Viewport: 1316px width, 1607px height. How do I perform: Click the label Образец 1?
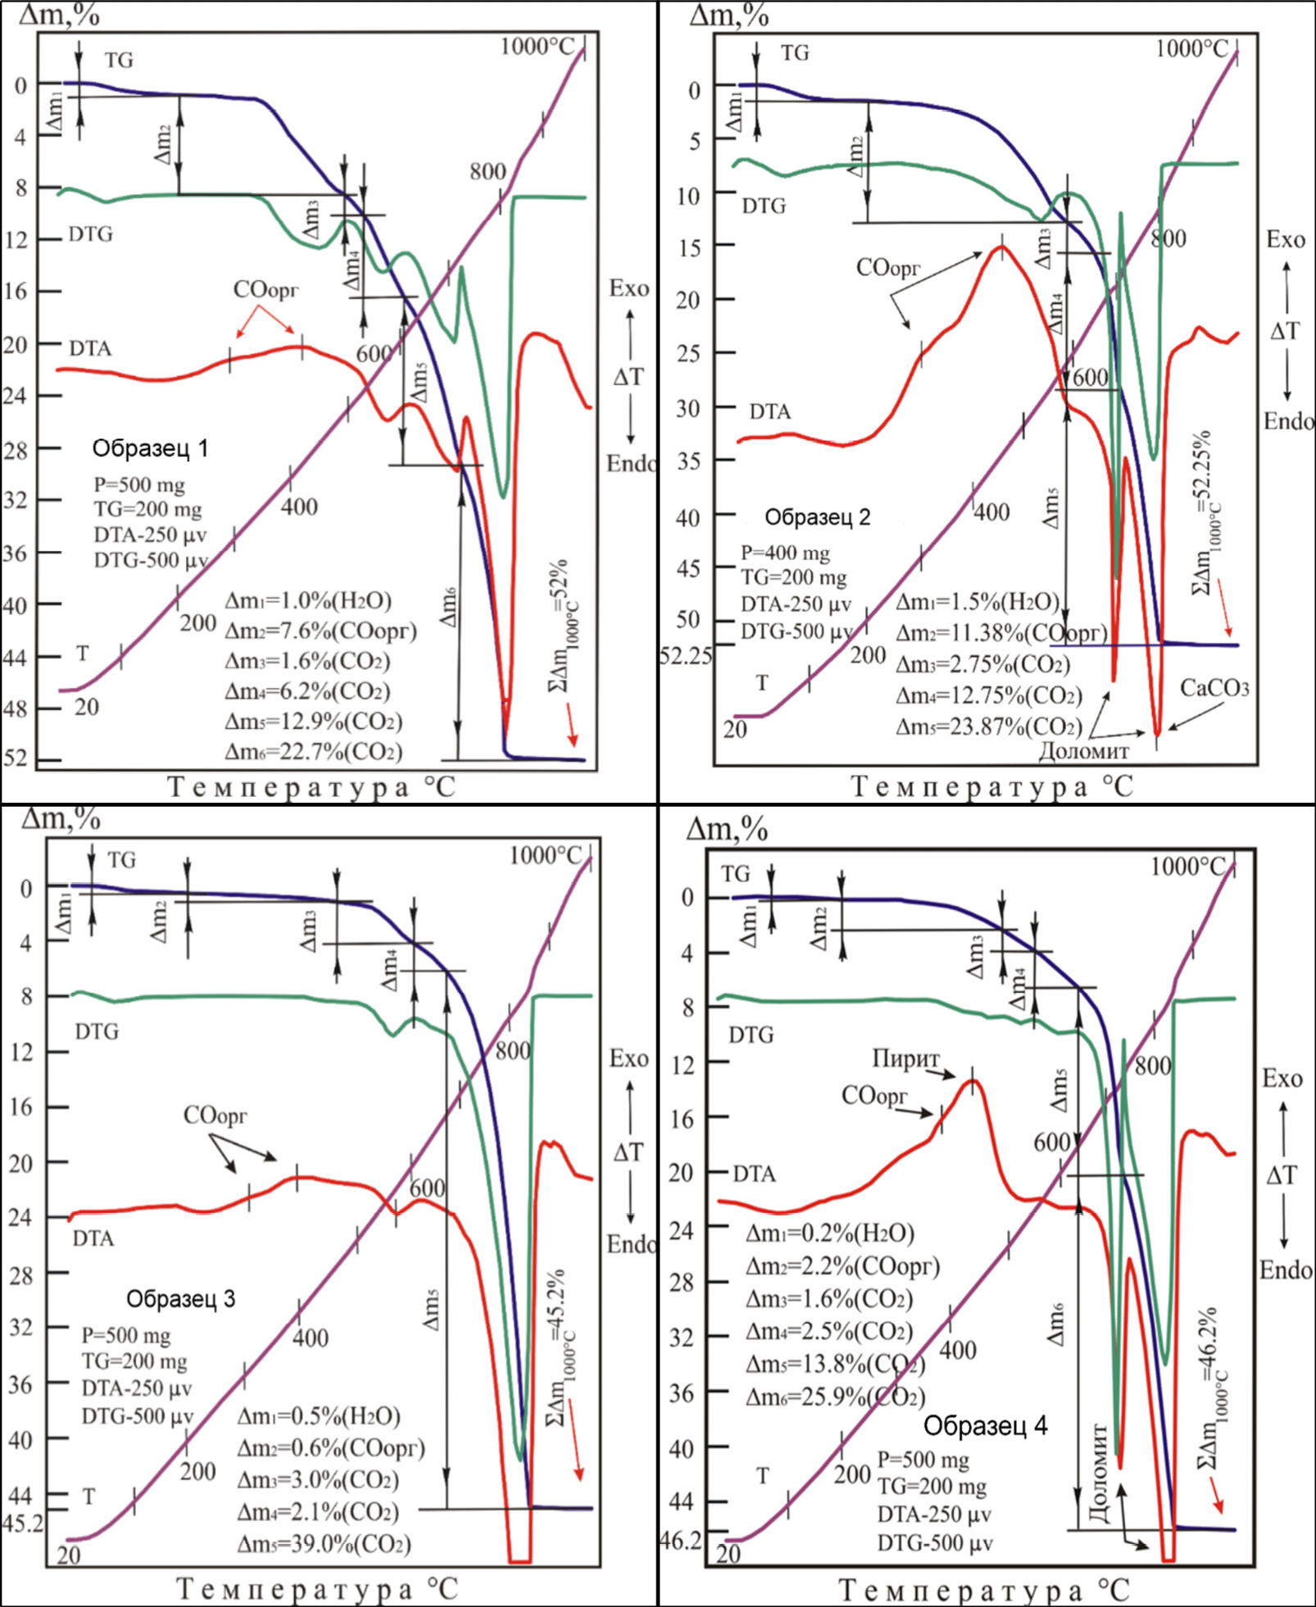coord(150,449)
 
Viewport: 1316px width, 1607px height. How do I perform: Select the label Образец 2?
coord(817,518)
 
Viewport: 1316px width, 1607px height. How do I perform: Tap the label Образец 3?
coord(180,1299)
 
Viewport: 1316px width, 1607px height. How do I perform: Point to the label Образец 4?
coord(985,1426)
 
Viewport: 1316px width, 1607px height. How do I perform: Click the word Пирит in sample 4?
coord(905,1059)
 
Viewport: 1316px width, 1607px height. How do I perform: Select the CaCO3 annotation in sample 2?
coord(1214,689)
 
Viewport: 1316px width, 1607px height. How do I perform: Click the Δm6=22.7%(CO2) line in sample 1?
coord(314,752)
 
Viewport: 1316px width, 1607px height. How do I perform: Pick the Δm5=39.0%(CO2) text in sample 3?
coord(324,1544)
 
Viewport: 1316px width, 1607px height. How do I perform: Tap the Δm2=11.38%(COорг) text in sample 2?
coord(1001,633)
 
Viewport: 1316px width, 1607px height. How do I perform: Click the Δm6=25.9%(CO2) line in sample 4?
coord(835,1397)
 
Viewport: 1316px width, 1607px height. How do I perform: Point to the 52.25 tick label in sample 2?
coord(686,656)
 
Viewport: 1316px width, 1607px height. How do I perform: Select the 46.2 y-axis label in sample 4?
coord(680,1541)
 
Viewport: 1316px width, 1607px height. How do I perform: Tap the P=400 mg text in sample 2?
coord(785,553)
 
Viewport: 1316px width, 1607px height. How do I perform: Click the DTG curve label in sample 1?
coord(90,235)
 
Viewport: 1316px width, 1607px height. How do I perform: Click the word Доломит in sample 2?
coord(1083,751)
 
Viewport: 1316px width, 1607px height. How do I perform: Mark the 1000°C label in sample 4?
coord(1187,867)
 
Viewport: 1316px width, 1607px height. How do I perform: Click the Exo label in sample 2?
coord(1284,240)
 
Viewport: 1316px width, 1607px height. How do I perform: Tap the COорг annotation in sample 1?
coord(265,290)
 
